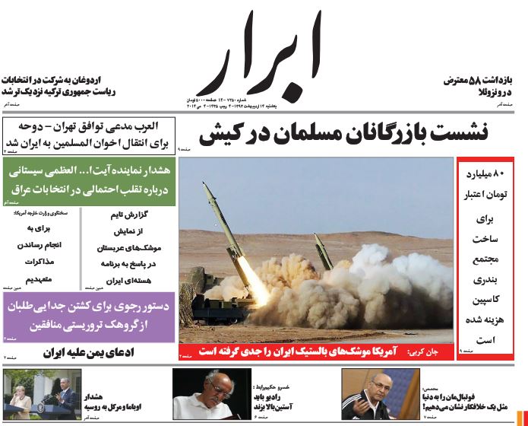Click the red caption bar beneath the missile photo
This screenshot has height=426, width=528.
tap(315, 352)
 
